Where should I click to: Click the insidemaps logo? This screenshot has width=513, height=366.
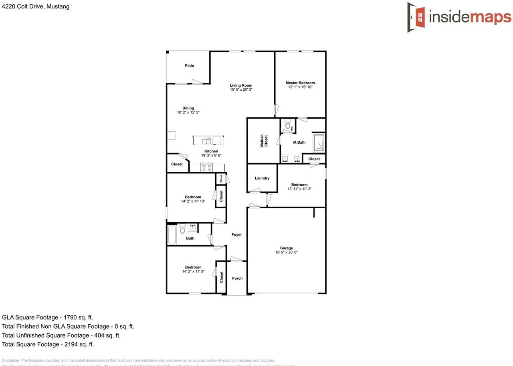(x=459, y=17)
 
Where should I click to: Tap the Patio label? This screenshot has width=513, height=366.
(x=190, y=65)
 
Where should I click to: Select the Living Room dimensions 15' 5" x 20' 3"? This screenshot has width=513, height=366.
(x=241, y=90)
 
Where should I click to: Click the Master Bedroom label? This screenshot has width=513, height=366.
(x=300, y=83)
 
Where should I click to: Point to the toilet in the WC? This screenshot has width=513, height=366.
(x=287, y=125)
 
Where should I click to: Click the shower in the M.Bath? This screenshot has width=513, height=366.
(x=319, y=143)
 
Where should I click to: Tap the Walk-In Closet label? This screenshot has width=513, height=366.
(x=264, y=141)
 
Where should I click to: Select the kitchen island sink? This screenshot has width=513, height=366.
(x=207, y=140)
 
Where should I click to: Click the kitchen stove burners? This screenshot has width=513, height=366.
(x=206, y=168)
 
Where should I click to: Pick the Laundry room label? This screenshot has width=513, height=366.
(x=262, y=178)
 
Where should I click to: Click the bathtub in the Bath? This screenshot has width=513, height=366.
(x=172, y=235)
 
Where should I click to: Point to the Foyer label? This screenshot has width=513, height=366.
(x=236, y=234)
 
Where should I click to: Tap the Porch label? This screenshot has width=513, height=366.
(x=237, y=278)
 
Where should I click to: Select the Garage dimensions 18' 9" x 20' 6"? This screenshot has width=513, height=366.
(x=287, y=252)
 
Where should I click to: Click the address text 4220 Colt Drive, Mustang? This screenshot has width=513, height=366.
(x=36, y=6)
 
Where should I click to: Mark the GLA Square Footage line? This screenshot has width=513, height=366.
(x=47, y=317)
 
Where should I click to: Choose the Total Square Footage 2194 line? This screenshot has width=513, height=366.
(x=48, y=344)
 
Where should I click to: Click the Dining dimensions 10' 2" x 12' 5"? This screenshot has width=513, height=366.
(x=188, y=112)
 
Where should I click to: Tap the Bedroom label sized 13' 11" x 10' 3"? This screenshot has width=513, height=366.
(x=299, y=185)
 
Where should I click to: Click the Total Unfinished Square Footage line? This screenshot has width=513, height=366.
(x=61, y=335)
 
